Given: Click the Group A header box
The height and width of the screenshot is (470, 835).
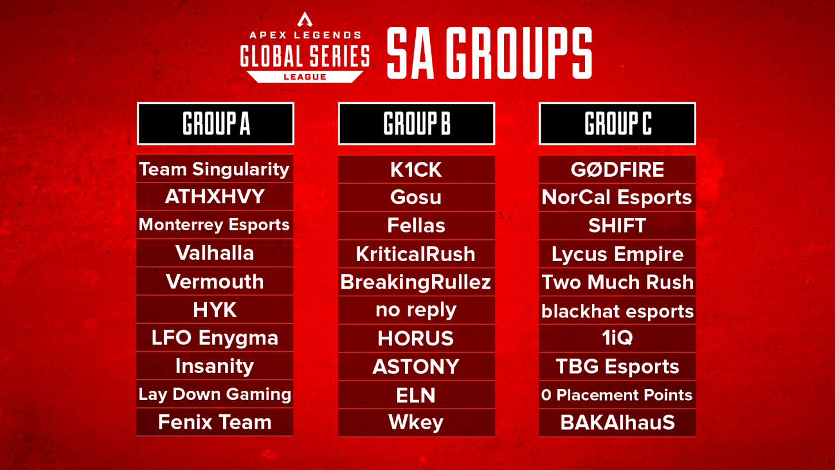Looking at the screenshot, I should pos(215,123).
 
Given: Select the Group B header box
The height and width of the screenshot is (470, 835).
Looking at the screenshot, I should pos(416,123).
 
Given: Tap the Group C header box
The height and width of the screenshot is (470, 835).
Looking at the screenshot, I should pos(617,123).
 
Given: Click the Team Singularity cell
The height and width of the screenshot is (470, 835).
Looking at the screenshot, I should pos(214,169).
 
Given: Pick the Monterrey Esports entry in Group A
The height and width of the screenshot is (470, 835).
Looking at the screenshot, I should pos(214,225).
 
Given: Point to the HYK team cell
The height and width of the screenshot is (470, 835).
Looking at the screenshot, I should pos(214,310).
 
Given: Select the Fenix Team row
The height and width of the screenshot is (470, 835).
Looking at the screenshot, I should pos(214,422).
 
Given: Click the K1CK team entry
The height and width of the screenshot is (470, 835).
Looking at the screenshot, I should pos(416,169).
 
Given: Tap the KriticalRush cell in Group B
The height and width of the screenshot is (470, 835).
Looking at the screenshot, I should pos(416,254).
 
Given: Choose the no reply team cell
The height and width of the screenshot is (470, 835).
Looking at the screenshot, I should pos(416,310).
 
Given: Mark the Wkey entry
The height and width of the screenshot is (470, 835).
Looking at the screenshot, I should pos(416,422).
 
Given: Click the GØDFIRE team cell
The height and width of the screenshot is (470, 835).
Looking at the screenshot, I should pos(617,169).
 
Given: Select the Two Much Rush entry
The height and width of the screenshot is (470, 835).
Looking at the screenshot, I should pos(617,282).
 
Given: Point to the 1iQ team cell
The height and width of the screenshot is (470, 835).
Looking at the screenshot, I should pos(617,338).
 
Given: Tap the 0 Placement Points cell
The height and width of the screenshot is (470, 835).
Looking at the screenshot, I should pos(617,395).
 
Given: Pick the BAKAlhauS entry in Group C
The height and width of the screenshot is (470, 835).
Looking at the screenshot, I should pos(617,422).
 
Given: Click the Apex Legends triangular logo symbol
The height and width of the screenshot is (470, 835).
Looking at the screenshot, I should pos(304,20).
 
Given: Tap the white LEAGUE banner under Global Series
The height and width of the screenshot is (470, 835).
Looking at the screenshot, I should pos(304,76).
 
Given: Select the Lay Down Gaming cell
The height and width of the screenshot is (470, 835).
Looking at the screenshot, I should pos(214,395).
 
